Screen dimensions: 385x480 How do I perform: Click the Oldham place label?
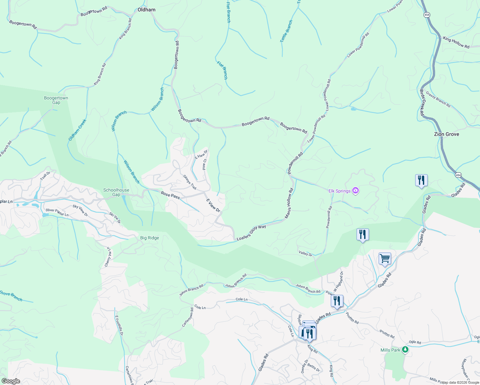pyautogui.click(x=146, y=10)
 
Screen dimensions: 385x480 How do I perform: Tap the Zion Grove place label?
pyautogui.click(x=446, y=134)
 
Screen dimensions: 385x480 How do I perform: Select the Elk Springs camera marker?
pyautogui.click(x=355, y=191)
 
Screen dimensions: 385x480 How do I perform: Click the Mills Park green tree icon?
pyautogui.click(x=405, y=350)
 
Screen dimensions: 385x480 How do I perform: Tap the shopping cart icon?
pyautogui.click(x=385, y=258)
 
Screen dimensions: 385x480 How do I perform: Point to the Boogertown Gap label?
pyautogui.click(x=56, y=100)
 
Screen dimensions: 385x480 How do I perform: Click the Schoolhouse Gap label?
pyautogui.click(x=116, y=192)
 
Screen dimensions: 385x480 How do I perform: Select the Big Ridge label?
pyautogui.click(x=150, y=238)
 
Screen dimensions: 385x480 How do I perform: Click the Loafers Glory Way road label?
pyautogui.click(x=251, y=233)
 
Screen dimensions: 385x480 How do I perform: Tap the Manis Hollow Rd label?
pyautogui.click(x=289, y=204)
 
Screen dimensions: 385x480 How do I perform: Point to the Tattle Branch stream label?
pyautogui.click(x=286, y=31)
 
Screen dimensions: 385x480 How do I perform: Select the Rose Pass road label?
pyautogui.click(x=170, y=195)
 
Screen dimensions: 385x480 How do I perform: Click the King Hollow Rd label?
pyautogui.click(x=456, y=43)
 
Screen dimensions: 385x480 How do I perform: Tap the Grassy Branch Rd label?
pyautogui.click(x=438, y=100)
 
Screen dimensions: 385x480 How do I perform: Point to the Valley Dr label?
pyautogui.click(x=305, y=254)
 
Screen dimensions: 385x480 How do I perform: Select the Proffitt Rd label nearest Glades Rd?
pyautogui.click(x=352, y=318)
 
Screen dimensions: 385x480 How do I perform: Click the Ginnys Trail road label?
pyautogui.click(x=189, y=182)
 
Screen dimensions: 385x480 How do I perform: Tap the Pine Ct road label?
pyautogui.click(x=204, y=164)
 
